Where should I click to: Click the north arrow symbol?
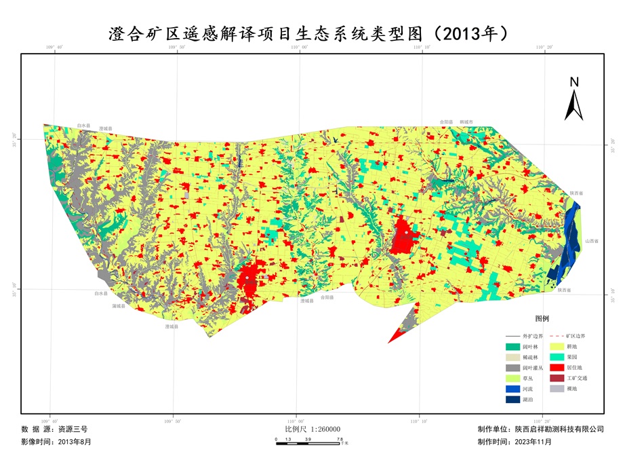point(573,100)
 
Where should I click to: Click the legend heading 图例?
point(542,318)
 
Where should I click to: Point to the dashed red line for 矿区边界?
point(557,336)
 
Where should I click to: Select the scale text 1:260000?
point(325,430)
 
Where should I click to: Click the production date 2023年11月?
point(533,442)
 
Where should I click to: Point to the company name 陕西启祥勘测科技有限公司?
point(559,430)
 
